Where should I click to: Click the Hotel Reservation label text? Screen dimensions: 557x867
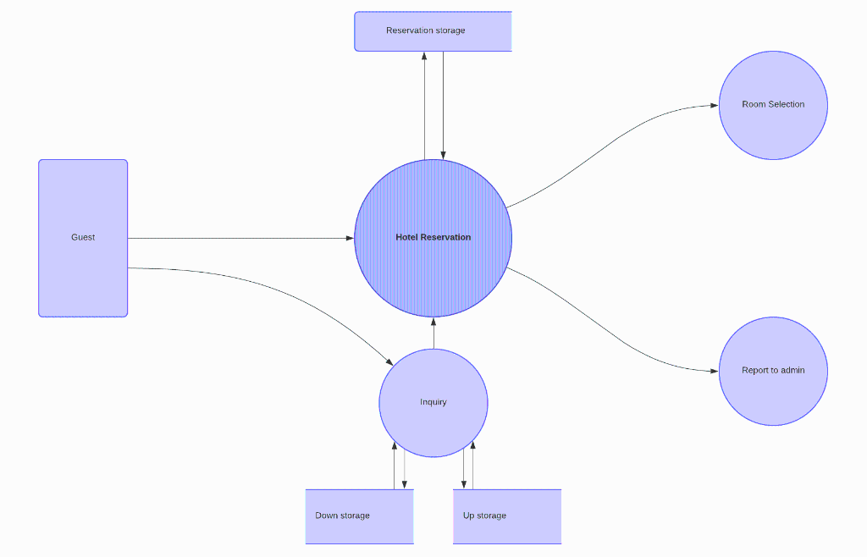433,237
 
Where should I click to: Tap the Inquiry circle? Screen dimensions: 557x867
433,419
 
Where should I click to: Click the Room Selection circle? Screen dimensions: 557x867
773,127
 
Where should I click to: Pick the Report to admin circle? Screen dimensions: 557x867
773,394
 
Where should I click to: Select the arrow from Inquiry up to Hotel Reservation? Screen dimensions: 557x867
433,334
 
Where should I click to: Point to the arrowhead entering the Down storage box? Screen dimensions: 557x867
404,484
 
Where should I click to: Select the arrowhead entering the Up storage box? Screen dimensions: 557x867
463,484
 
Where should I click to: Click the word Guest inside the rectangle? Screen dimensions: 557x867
83,237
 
